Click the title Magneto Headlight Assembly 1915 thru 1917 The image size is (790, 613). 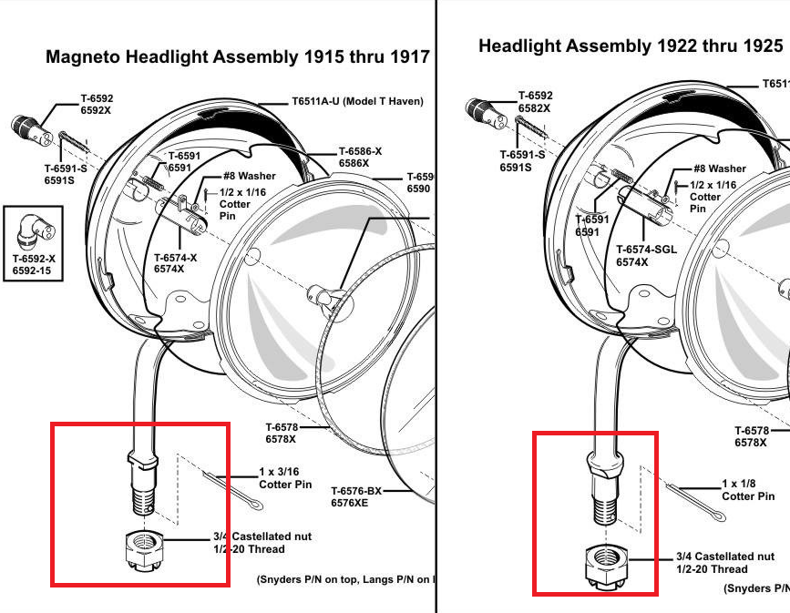coord(238,56)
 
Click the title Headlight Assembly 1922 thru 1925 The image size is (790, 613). coord(631,46)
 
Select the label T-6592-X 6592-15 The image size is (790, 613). coord(34,265)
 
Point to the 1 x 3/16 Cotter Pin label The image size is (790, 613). coord(285,479)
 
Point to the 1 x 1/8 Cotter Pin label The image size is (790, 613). coord(748,490)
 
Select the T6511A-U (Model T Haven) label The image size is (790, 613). coord(358,101)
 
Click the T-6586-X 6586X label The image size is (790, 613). coord(360,157)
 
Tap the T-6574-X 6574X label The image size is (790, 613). coord(175,263)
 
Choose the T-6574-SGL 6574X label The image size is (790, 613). coord(647,255)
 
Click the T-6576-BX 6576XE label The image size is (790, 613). coord(356,496)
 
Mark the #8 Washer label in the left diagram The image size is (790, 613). coord(249,176)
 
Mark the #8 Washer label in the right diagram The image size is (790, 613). coord(719,169)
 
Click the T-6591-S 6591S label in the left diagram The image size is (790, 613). coord(66,174)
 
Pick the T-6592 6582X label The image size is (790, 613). coord(535,102)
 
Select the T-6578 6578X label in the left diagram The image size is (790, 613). coord(281,433)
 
